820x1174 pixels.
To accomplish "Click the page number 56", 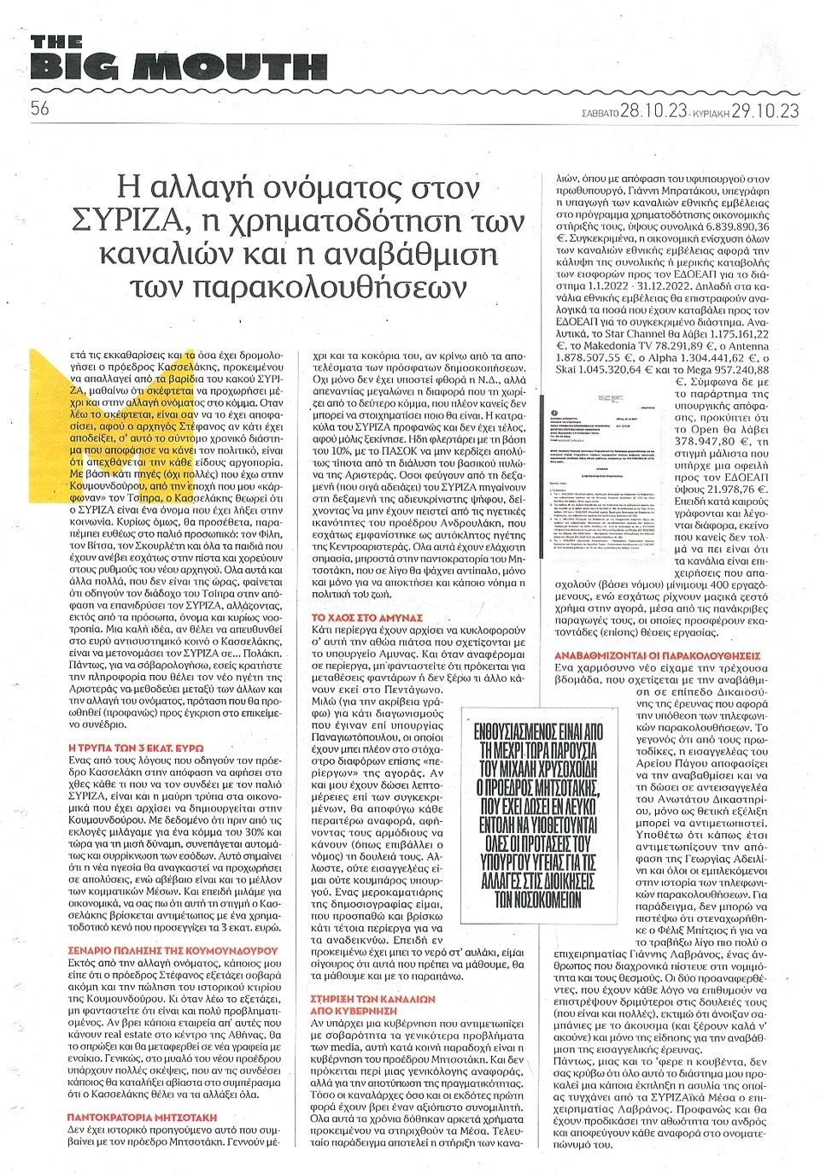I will [x=39, y=108].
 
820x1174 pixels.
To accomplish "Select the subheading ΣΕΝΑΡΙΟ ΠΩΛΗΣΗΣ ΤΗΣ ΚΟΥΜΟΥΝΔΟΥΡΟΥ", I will [x=173, y=949].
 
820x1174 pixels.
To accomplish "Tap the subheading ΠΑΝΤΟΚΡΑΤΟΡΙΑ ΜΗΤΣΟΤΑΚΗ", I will [x=142, y=1117].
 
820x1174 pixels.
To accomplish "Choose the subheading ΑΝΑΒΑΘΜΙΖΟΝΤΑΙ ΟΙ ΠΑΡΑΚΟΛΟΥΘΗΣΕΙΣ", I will [x=657, y=655].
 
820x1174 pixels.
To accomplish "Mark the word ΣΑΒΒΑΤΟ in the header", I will [x=595, y=111].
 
